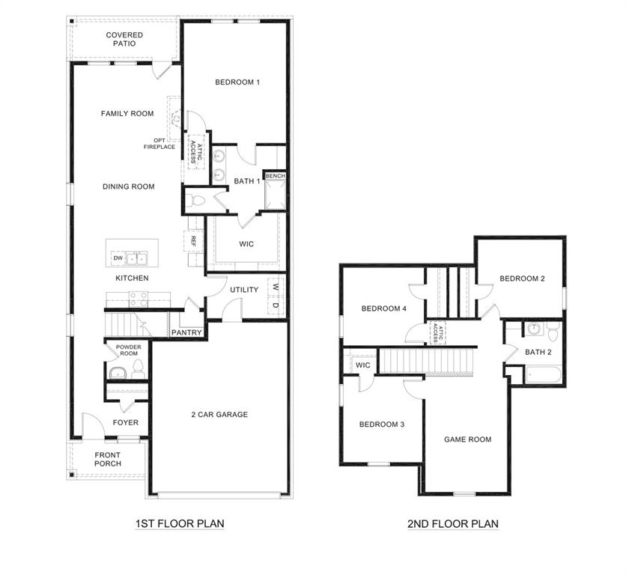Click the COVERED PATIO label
pos(124,40)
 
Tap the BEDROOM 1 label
pos(237,82)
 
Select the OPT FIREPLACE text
pos(159,144)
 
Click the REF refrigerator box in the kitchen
pos(192,241)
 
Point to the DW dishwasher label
pos(118,258)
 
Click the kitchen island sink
pos(137,258)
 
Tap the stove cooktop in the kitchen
pos(138,299)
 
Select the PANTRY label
pos(185,332)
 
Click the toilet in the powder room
pos(138,368)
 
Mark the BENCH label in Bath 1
pos(276,176)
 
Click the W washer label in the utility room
pos(275,287)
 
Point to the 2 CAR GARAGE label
pos(219,415)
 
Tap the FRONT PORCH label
pos(108,459)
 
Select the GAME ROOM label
pos(467,439)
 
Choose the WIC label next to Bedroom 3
pos(362,365)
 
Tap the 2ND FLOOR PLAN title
pos(452,524)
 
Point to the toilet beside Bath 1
pos(196,200)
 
